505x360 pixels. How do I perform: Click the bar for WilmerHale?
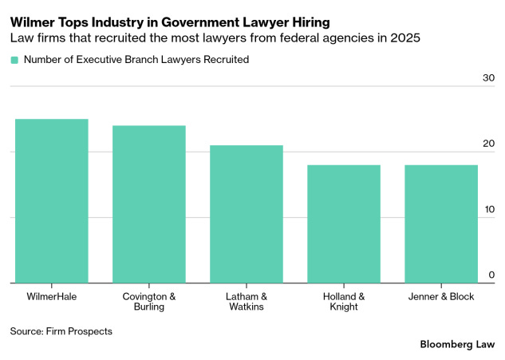(51, 201)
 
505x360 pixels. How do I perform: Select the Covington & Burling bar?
(148, 204)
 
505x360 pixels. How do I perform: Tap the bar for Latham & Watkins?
(246, 214)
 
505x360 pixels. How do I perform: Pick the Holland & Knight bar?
(343, 224)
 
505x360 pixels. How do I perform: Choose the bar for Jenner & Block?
(440, 224)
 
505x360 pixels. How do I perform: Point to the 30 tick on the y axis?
(487, 78)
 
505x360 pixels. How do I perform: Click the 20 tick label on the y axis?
(487, 144)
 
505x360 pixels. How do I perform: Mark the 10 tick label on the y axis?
(487, 209)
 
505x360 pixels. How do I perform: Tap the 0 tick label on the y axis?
(491, 275)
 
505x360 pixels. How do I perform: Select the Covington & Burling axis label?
(148, 303)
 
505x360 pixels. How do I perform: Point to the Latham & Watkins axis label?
(246, 303)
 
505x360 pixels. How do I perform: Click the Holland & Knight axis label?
(343, 303)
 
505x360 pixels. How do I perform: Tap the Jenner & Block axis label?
(440, 297)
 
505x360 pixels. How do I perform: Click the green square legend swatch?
(14, 60)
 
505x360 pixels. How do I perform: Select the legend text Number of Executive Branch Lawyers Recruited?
(136, 60)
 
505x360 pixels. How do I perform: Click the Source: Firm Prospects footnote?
(61, 330)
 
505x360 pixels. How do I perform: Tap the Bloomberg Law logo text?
(456, 344)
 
